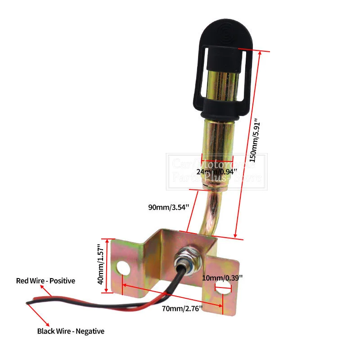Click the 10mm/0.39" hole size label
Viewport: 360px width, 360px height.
coord(222,277)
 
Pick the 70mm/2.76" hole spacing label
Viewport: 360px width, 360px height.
coord(182,308)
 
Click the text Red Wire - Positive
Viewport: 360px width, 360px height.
coord(45,281)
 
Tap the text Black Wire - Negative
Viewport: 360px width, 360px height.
coord(71,331)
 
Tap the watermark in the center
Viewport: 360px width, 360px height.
coord(216,171)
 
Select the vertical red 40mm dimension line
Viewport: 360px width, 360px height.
coord(108,265)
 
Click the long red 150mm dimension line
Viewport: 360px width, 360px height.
coord(247,144)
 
